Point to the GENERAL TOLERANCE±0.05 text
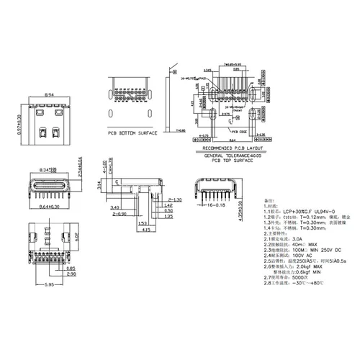click(x=233, y=156)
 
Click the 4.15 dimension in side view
click(x=146, y=230)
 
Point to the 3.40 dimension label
click(x=116, y=207)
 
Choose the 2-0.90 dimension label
click(x=119, y=214)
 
